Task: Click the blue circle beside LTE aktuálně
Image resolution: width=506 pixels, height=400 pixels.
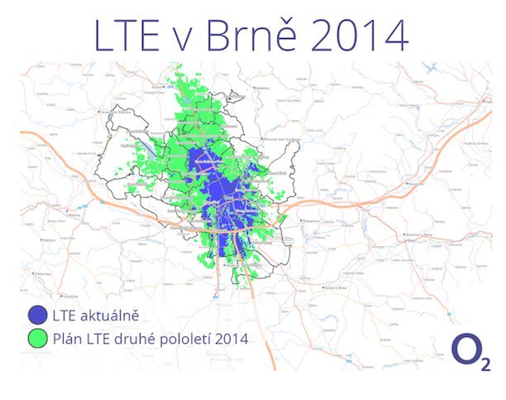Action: coord(36,315)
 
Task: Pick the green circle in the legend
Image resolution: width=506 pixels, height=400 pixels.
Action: coord(36,338)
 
